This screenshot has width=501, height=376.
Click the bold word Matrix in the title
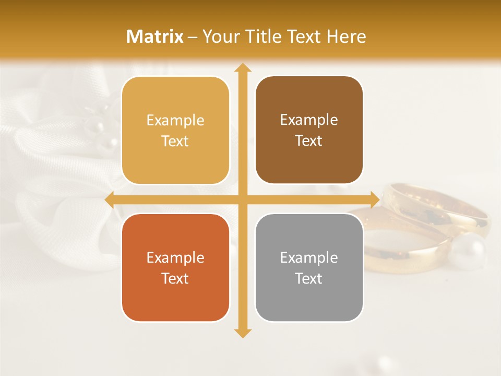pyautogui.click(x=155, y=37)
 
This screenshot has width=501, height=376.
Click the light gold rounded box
pyautogui.click(x=175, y=131)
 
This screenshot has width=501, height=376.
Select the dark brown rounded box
pyautogui.click(x=309, y=130)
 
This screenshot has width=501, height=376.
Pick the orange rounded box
pyautogui.click(x=175, y=267)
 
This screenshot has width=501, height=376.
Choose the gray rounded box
pyautogui.click(x=309, y=267)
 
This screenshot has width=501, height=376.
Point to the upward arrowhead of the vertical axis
pyautogui.click(x=242, y=67)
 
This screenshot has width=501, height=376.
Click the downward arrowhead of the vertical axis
pyautogui.click(x=242, y=333)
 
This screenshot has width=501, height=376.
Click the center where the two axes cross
pyautogui.click(x=242, y=199)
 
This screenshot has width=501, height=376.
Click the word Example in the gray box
pyautogui.click(x=309, y=257)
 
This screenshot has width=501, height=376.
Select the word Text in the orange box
pyautogui.click(x=175, y=278)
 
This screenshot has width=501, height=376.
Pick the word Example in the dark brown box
pyautogui.click(x=309, y=120)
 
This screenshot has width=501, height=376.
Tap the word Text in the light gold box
pyautogui.click(x=175, y=142)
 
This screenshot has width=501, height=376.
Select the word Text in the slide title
pyautogui.click(x=305, y=37)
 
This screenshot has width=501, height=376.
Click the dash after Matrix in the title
pyautogui.click(x=193, y=37)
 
